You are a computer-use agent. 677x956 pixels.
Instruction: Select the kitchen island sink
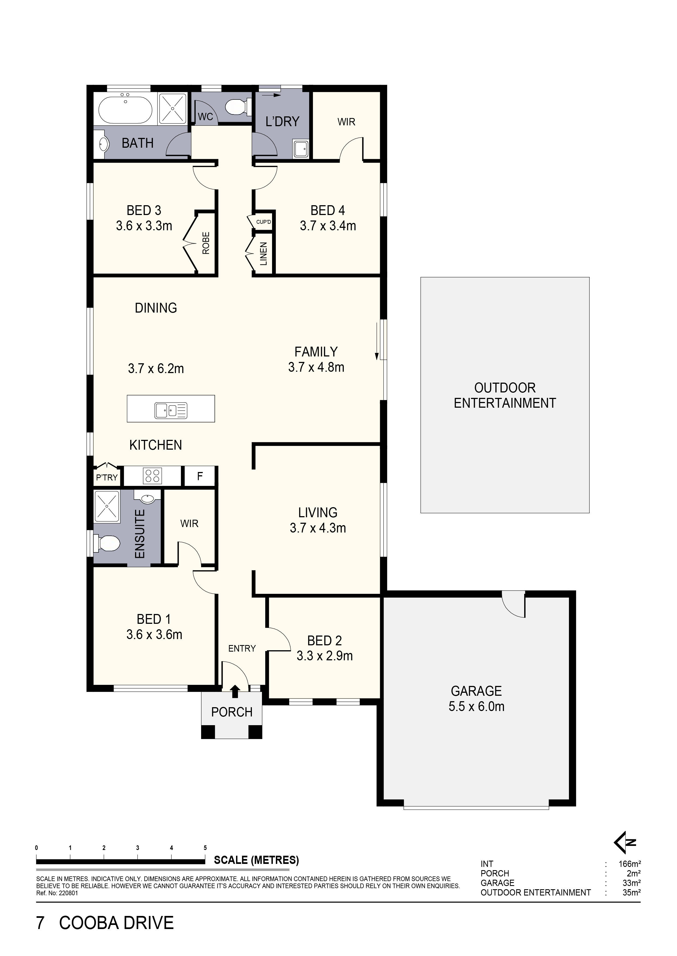171,410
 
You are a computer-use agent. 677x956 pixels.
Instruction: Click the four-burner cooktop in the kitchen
152,476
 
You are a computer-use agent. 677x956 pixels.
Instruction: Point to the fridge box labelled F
200,476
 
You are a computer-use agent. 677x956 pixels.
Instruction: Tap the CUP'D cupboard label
264,222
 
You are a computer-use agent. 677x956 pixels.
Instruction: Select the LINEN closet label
264,253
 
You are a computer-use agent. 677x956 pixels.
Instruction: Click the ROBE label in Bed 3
206,243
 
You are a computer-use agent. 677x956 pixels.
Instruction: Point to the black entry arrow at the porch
235,691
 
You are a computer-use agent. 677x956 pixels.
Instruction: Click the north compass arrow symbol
625,842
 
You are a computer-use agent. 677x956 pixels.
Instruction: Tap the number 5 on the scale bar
205,848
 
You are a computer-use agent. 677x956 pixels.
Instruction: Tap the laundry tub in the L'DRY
300,149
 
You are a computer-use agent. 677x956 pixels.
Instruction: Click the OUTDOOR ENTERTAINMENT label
505,395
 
